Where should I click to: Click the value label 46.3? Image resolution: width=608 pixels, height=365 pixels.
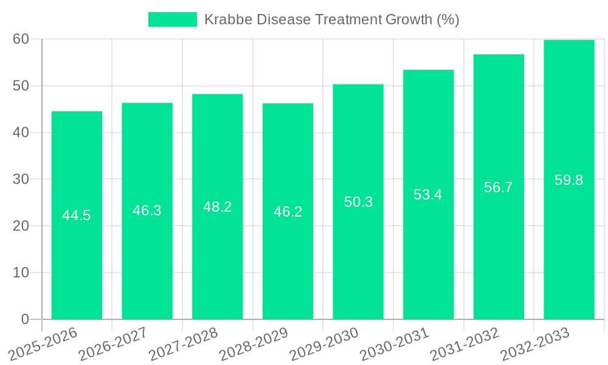tap(147, 210)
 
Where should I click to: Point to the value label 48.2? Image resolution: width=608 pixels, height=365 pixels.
tap(217, 207)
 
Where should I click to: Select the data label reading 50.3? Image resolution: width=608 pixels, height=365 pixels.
tap(358, 202)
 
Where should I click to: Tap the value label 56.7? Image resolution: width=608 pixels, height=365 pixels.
tap(499, 187)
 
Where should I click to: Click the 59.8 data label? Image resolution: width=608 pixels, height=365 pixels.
tap(569, 180)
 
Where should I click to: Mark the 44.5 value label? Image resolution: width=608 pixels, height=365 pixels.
tap(77, 215)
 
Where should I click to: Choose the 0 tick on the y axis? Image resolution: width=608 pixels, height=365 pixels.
tap(25, 319)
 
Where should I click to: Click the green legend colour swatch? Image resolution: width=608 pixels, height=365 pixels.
tap(173, 19)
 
